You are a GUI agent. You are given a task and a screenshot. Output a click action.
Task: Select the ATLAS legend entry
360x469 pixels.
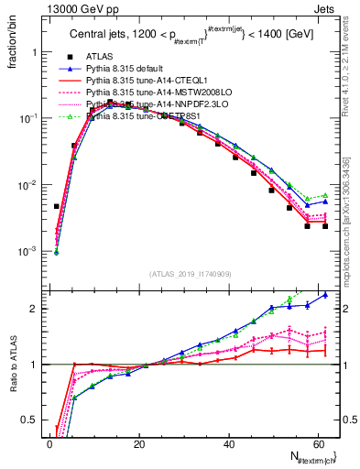pos(98,56)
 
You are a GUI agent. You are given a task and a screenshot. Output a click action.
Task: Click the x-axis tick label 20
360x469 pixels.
pos(140,444)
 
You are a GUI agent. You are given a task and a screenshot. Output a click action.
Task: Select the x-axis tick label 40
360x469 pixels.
pos(230,444)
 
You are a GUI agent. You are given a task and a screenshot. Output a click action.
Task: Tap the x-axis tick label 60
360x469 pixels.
pos(320,444)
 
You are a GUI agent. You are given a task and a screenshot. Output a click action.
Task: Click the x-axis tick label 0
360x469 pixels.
pos(50,444)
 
